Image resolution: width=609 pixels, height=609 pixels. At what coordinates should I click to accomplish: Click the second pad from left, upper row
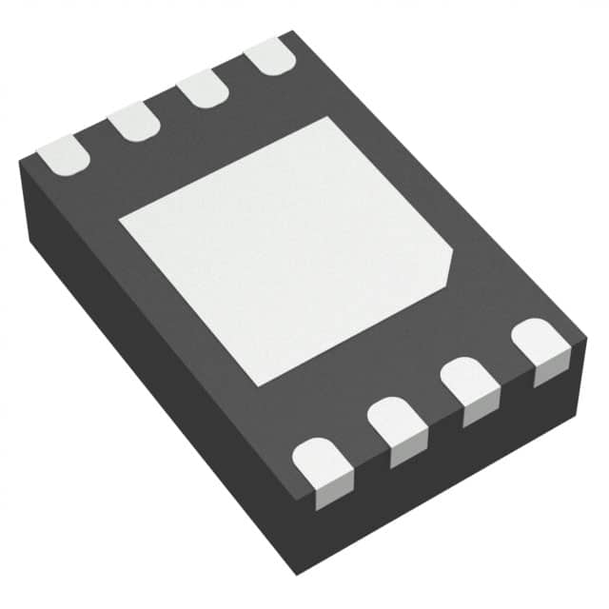coord(131,121)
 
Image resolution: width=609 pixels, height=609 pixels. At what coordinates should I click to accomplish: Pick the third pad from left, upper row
coord(202,89)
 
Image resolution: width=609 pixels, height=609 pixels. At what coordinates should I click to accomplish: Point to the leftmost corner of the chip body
coord(20,164)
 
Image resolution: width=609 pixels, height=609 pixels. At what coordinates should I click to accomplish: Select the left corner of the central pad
coord(120,221)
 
